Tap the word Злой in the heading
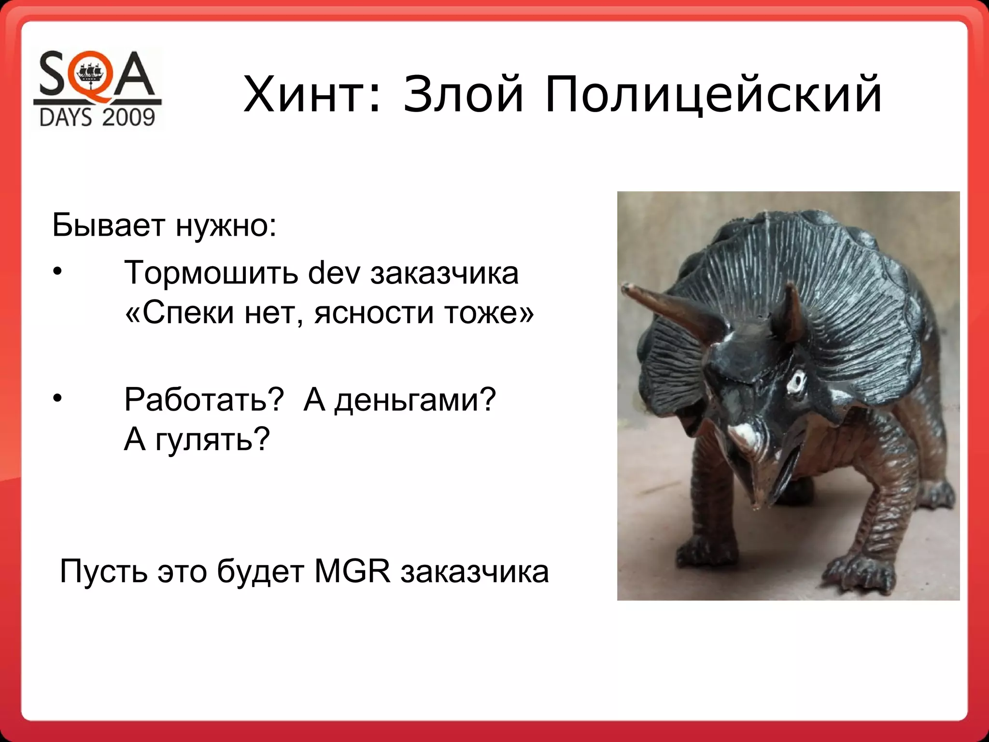463,94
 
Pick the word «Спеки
180,313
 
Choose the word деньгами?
415,400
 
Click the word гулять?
212,440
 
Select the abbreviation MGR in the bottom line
352,572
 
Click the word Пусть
103,572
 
